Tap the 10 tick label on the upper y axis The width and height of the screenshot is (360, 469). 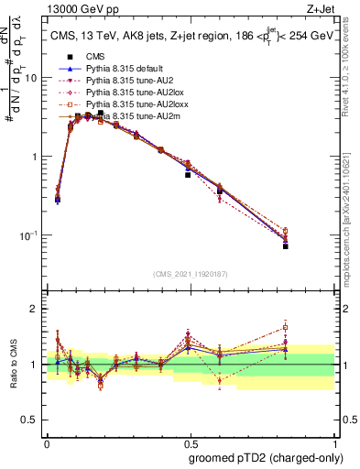point(31,78)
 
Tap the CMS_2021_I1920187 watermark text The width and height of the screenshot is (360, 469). point(190,274)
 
